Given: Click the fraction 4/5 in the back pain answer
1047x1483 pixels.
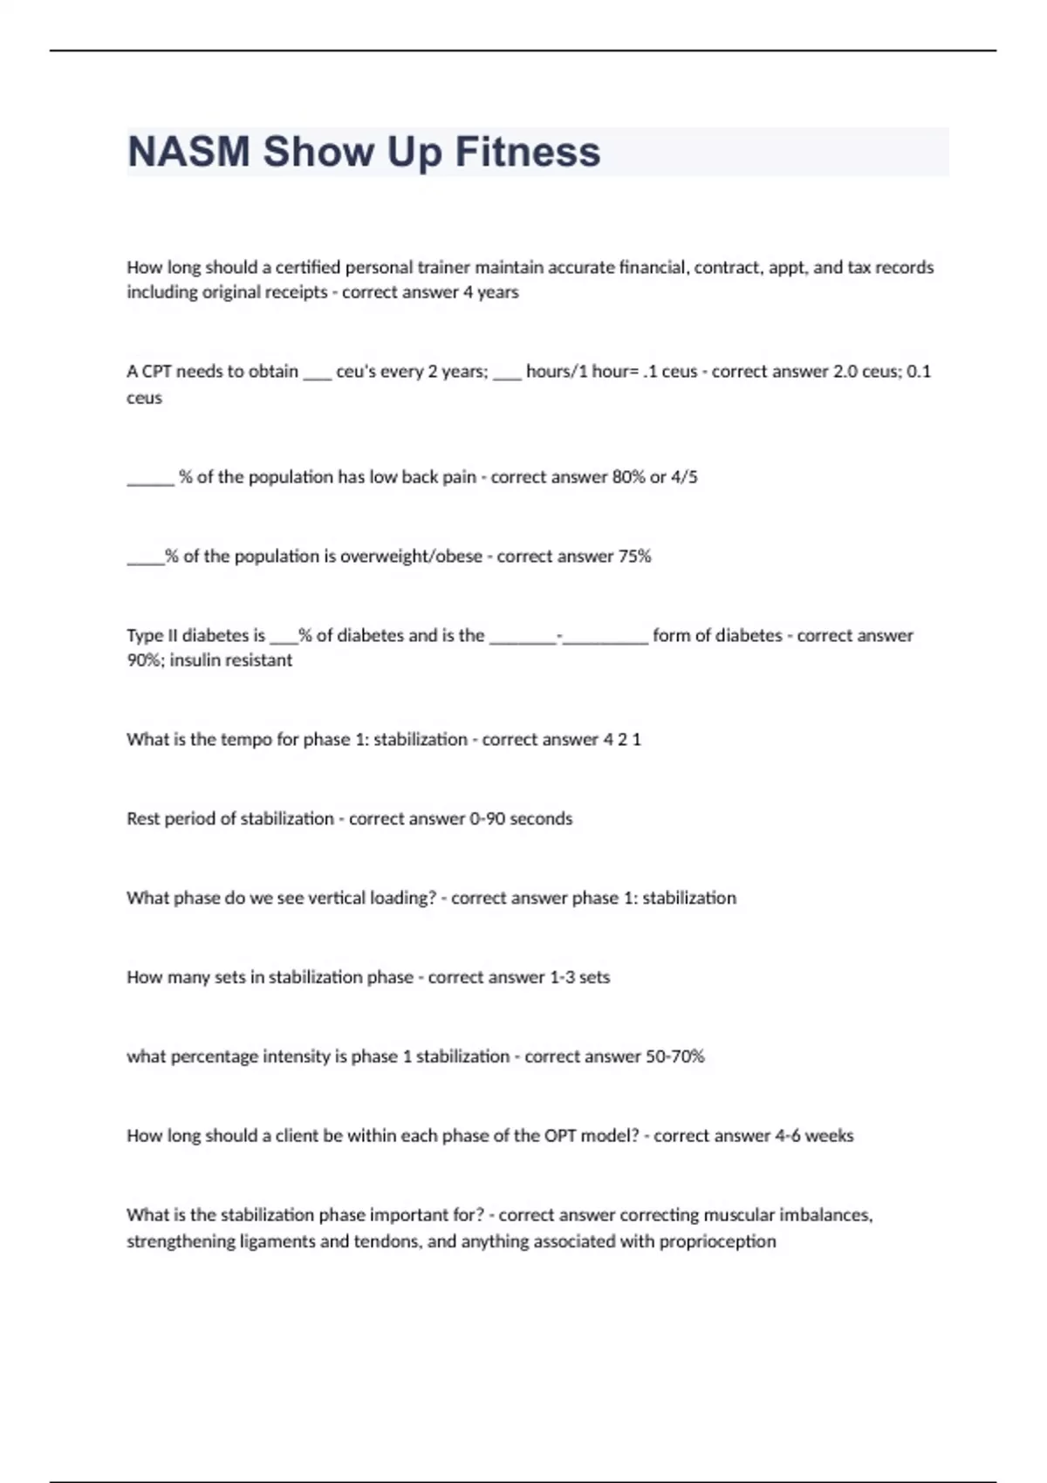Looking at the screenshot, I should [x=684, y=477].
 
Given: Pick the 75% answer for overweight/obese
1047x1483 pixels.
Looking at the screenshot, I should [x=634, y=557].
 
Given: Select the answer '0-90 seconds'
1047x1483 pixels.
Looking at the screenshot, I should [x=521, y=819].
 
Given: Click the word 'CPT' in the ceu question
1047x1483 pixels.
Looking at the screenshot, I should [x=157, y=372].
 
